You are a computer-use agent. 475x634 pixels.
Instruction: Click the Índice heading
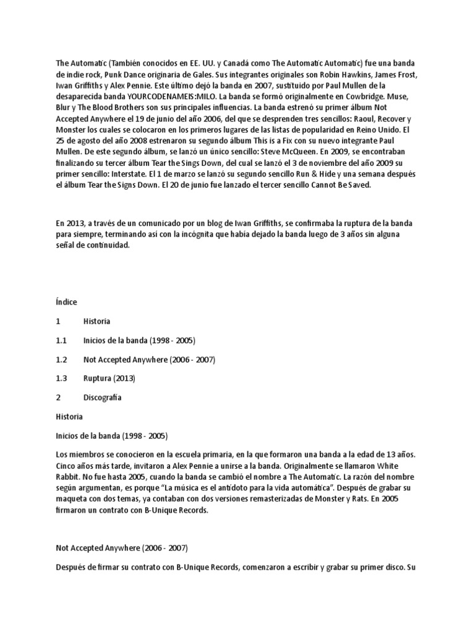coord(66,302)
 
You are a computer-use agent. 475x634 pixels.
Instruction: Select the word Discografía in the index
coord(103,397)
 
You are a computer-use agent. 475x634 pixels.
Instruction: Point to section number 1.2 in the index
coord(61,359)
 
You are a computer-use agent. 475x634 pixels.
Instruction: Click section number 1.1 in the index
coord(61,341)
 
